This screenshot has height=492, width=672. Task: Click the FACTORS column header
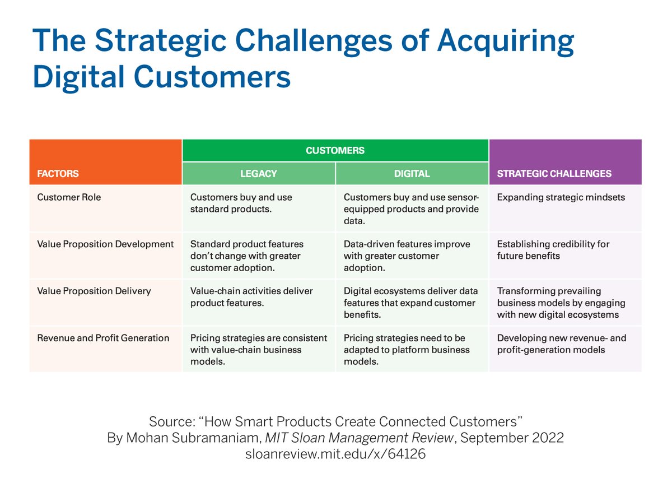coord(58,174)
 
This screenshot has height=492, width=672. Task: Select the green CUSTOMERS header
coord(335,150)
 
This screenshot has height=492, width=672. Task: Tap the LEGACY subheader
coord(259,174)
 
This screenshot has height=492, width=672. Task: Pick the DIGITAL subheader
coord(412,174)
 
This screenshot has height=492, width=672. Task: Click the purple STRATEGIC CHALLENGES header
coord(554,174)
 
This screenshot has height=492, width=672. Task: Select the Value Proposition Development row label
coord(105,244)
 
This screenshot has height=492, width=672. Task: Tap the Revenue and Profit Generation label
coord(103,338)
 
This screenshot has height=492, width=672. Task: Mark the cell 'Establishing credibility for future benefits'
coord(553,250)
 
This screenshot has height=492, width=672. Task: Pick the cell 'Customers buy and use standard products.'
coord(241,203)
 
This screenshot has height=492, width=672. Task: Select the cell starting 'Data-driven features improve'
coord(407,256)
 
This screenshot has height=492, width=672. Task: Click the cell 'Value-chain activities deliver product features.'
coord(251,297)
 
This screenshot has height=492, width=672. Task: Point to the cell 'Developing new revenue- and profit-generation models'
coord(561,344)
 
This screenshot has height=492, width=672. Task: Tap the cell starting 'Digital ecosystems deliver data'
coord(410,303)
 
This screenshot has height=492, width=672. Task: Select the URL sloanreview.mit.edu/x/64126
coord(335,454)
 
